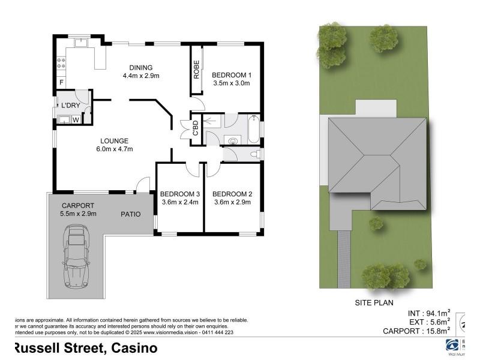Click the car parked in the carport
[77, 255]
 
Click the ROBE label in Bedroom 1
[196, 70]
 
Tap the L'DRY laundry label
[70, 106]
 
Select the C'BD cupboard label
[195, 128]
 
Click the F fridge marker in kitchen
[61, 82]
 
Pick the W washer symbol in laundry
[76, 120]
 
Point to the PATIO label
[130, 214]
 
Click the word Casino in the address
[133, 348]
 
